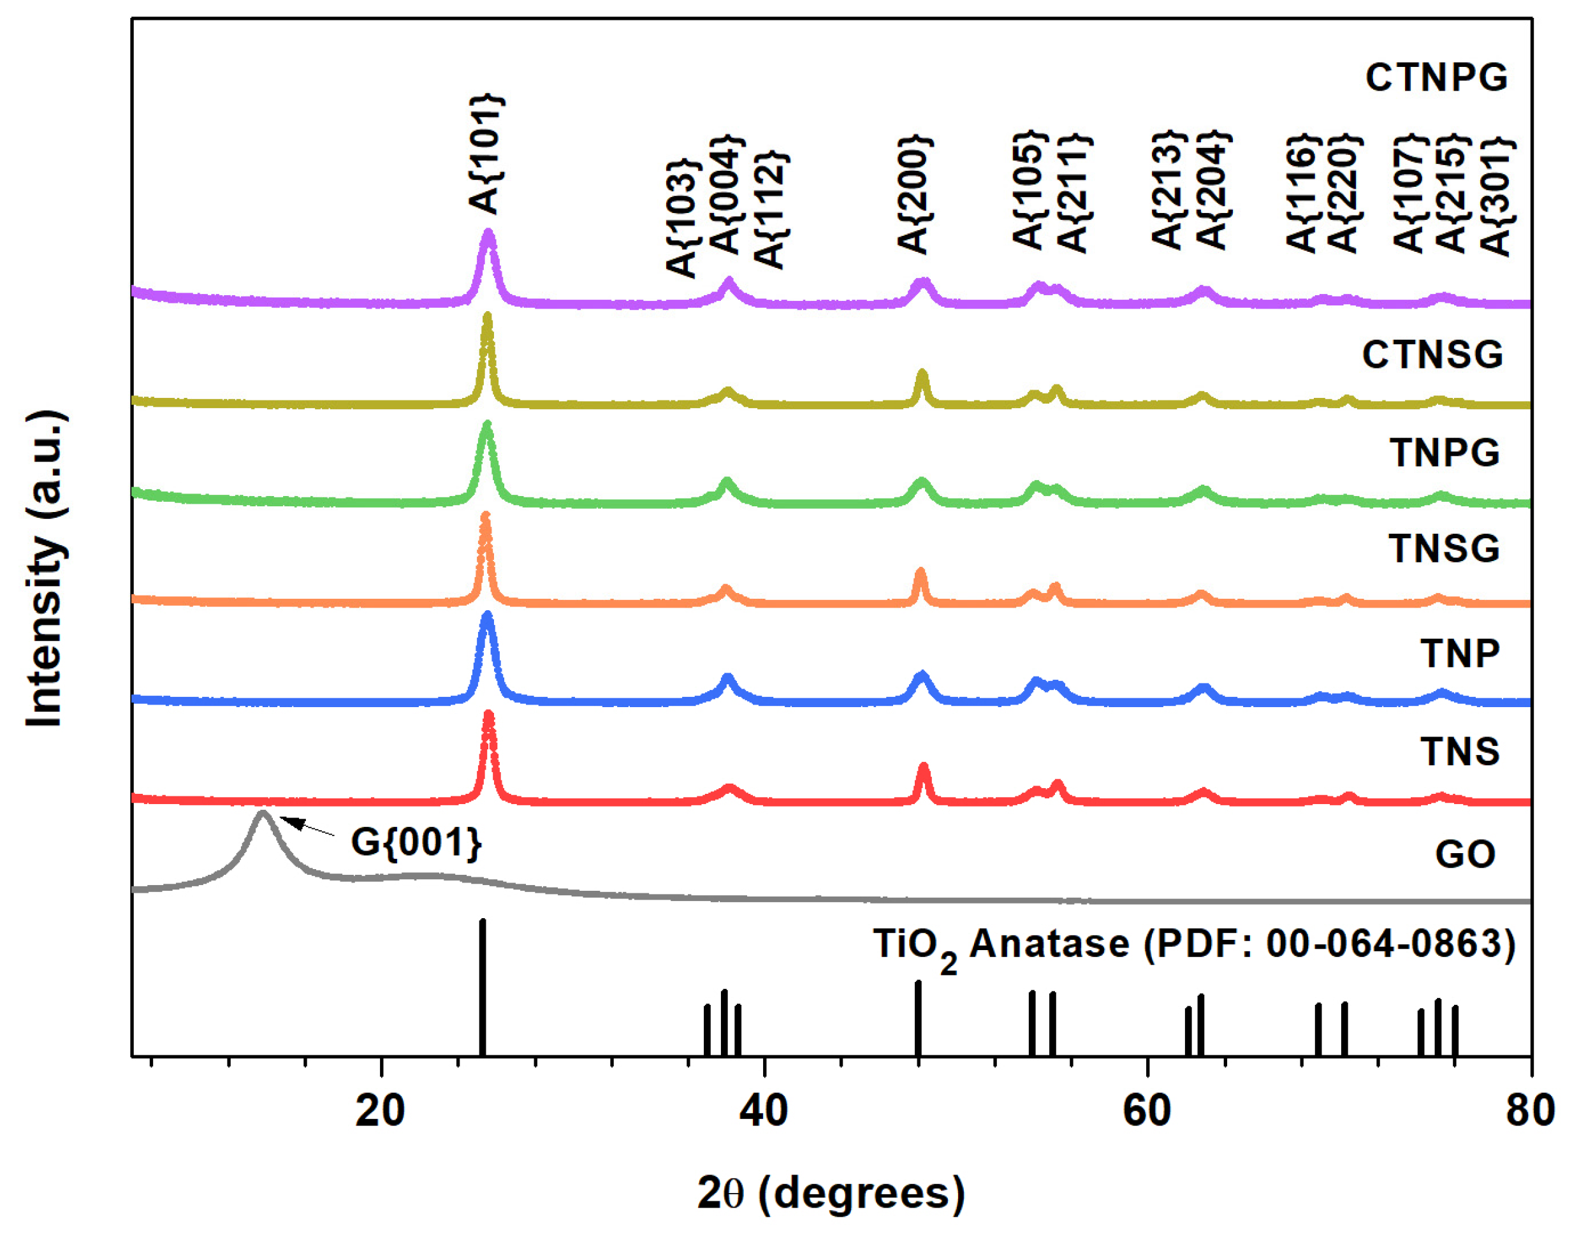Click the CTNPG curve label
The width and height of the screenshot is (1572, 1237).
1435,78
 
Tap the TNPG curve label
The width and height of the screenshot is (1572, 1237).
1444,453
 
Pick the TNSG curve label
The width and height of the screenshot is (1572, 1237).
1444,548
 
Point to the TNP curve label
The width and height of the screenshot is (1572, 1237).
1459,654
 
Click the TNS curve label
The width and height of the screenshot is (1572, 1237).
1459,752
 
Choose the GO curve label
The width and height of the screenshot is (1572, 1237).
1465,854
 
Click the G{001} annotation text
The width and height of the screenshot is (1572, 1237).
416,842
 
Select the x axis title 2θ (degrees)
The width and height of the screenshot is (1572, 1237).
831,1193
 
